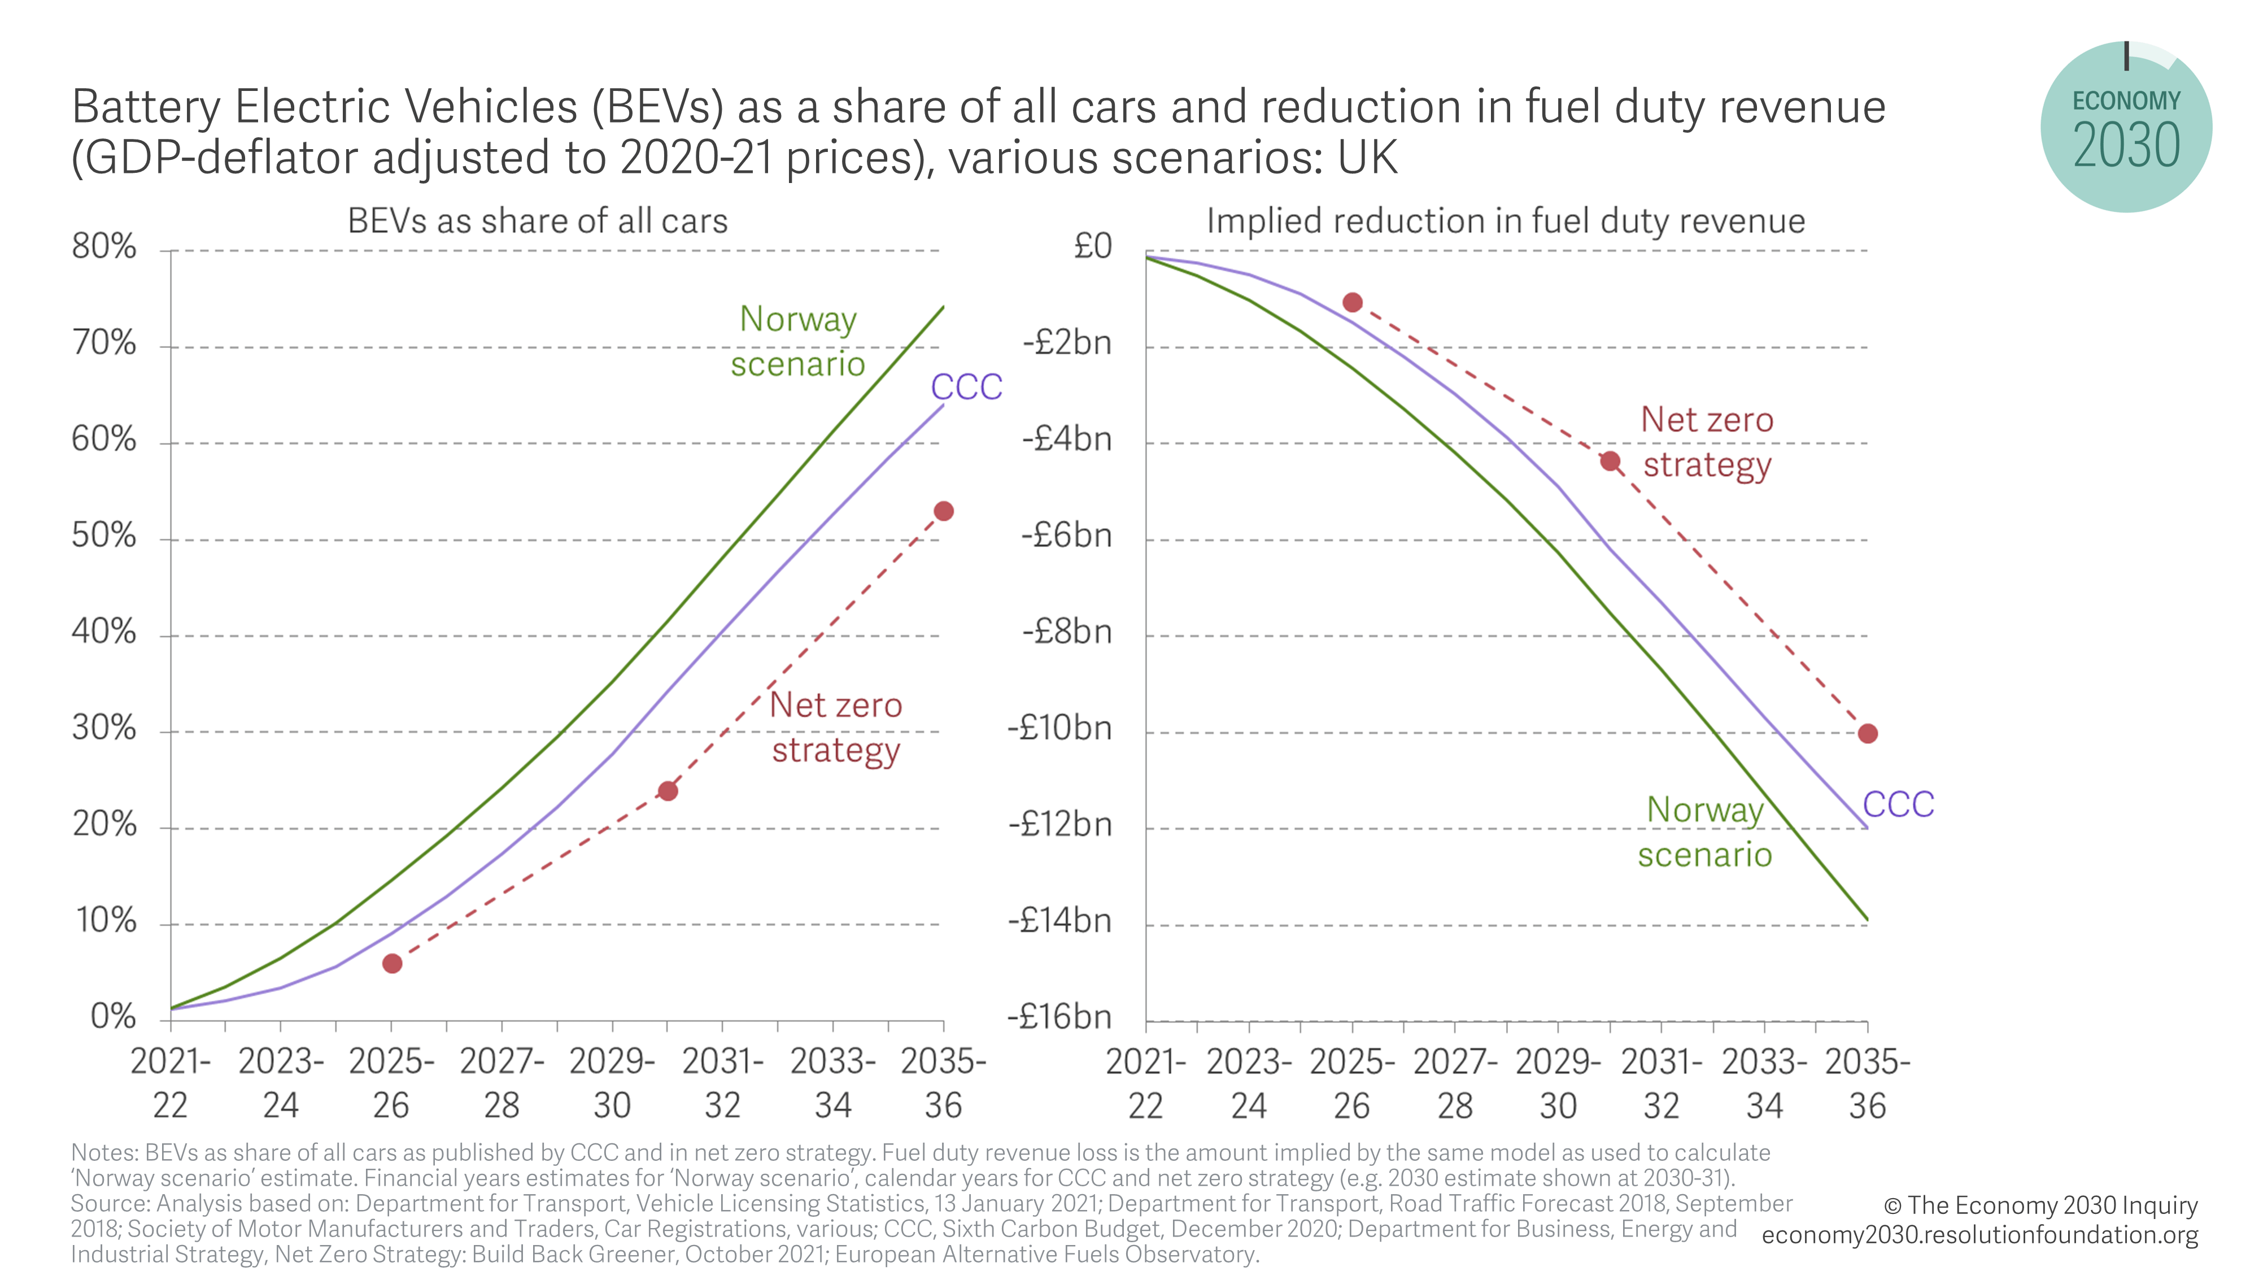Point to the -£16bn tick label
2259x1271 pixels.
pyautogui.click(x=1059, y=1017)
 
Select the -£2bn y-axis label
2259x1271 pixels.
pyautogui.click(x=1067, y=342)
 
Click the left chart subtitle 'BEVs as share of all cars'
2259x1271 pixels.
pyautogui.click(x=538, y=221)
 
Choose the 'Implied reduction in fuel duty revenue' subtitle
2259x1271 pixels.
pyautogui.click(x=1506, y=221)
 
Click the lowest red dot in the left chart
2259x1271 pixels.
pyautogui.click(x=392, y=963)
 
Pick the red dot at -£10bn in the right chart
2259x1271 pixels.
pyautogui.click(x=1868, y=733)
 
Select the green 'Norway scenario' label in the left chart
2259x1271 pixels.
pyautogui.click(x=798, y=341)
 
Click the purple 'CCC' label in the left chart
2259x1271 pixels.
pyautogui.click(x=966, y=387)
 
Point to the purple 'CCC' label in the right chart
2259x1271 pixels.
pyautogui.click(x=1898, y=804)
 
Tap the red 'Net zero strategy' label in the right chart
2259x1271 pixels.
pyautogui.click(x=1707, y=442)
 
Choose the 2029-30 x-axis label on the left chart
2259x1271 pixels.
pyautogui.click(x=612, y=1083)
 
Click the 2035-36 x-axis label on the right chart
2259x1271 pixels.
pyautogui.click(x=1868, y=1083)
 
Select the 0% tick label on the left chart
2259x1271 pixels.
pyautogui.click(x=113, y=1017)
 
